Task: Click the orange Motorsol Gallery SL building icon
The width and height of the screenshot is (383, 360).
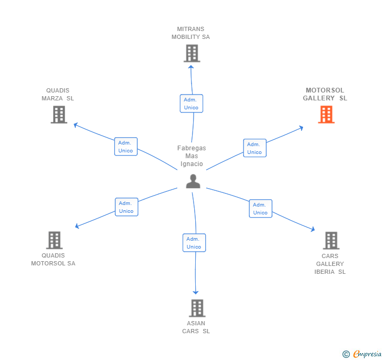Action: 326,115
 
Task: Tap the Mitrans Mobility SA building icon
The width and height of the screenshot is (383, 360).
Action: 191,53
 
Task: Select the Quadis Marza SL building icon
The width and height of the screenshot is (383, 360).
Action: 59,115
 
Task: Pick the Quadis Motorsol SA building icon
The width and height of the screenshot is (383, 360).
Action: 54,240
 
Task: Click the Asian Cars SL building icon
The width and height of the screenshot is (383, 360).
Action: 197,308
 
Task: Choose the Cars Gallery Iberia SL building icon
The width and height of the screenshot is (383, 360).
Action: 331,240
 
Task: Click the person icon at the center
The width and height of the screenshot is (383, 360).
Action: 193,181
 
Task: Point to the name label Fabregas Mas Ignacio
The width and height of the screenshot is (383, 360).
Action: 191,156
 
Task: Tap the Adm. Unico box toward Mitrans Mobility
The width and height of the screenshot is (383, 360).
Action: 191,104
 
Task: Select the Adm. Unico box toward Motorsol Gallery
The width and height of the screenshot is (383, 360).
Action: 255,148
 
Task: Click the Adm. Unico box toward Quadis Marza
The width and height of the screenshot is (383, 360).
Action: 126,147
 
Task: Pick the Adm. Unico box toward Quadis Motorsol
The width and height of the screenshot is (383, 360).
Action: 126,207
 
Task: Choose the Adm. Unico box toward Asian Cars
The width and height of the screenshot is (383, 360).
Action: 194,243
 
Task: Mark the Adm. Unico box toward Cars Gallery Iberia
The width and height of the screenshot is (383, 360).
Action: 260,209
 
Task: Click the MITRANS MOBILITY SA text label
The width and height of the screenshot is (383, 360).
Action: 190,33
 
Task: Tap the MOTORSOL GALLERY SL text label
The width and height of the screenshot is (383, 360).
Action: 325,94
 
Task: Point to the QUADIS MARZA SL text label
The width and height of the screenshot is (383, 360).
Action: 58,94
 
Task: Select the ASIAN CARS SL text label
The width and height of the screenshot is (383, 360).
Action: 196,327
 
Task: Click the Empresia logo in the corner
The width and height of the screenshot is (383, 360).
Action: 362,354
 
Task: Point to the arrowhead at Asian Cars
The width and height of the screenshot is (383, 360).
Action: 196,292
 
